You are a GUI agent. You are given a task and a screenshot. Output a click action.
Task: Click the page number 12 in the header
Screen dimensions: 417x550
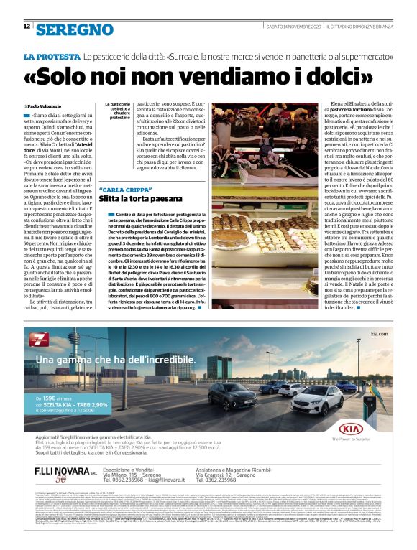(27, 27)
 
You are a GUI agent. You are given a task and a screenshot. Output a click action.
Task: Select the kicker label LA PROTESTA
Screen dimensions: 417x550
(51, 56)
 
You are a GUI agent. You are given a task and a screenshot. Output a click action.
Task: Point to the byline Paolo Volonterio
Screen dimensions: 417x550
(45, 106)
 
